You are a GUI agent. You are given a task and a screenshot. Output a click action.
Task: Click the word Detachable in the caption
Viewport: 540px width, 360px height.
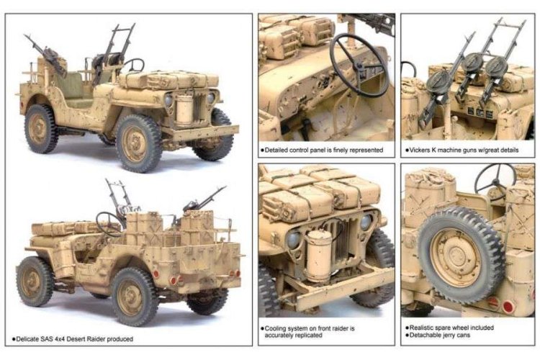pyautogui.click(x=426, y=336)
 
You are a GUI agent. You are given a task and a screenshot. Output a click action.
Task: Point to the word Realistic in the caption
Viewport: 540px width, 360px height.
pyautogui.click(x=423, y=328)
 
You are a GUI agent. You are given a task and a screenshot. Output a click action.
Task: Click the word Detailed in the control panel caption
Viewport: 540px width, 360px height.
pyautogui.click(x=280, y=151)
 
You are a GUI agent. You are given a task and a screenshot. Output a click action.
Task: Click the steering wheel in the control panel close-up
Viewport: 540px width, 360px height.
pyautogui.click(x=359, y=65)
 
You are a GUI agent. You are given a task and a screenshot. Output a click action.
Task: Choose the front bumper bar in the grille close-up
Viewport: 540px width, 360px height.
pyautogui.click(x=338, y=288)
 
